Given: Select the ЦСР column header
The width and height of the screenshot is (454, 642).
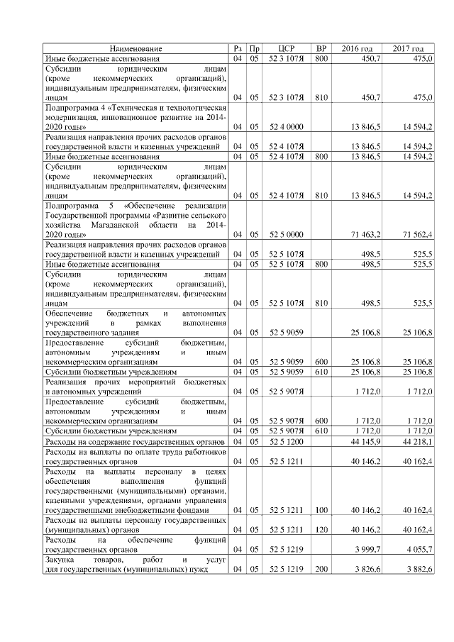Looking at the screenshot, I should tap(287, 48).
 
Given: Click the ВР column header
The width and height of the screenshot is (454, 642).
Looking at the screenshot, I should tap(321, 48).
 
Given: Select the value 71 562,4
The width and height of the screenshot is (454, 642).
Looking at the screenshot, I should tap(417, 233).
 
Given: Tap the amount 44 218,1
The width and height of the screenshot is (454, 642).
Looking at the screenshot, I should tap(417, 442).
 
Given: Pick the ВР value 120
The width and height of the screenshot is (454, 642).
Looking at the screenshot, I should tap(321, 528).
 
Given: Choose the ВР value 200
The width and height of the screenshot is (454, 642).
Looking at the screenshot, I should tap(321, 570).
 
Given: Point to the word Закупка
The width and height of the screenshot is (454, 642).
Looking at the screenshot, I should tap(62, 560).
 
